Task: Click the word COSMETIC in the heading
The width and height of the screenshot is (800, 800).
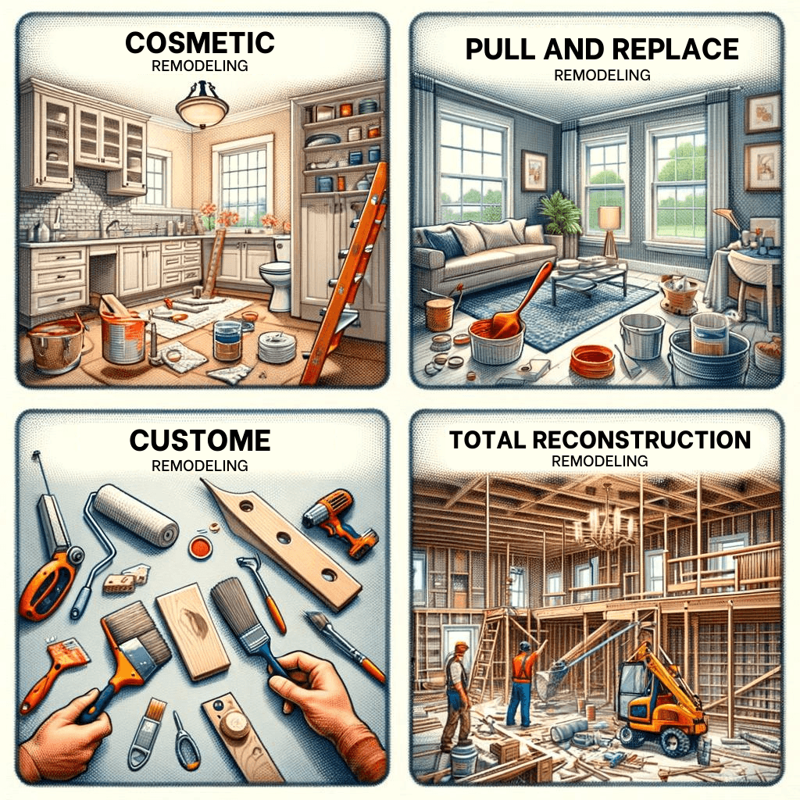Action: tap(199, 43)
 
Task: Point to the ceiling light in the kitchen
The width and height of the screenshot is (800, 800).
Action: tap(202, 110)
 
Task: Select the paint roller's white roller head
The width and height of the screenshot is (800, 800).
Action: tap(136, 515)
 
